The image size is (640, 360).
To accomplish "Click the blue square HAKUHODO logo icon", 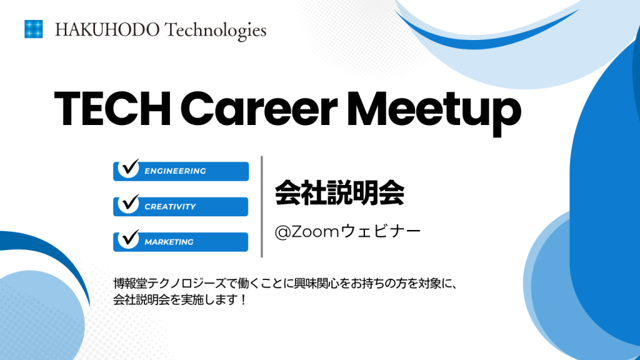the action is pyautogui.click(x=34, y=29).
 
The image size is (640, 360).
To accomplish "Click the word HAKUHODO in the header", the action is pyautogui.click(x=107, y=30).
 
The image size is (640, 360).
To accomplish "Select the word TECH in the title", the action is pyautogui.click(x=112, y=109).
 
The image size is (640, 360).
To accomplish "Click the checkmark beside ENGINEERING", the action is pyautogui.click(x=130, y=168).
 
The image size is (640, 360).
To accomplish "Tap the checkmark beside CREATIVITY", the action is pyautogui.click(x=130, y=204).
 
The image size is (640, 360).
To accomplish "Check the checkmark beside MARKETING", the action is pyautogui.click(x=130, y=239).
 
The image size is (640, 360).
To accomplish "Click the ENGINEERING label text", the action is pyautogui.click(x=175, y=171).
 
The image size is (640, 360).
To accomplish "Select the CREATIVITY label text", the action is pyautogui.click(x=170, y=206).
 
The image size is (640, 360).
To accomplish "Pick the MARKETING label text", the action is pyautogui.click(x=169, y=242).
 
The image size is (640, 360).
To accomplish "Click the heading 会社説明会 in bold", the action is pyautogui.click(x=339, y=193).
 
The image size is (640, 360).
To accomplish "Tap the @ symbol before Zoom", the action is pyautogui.click(x=282, y=232).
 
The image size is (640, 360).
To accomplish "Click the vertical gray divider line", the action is pyautogui.click(x=262, y=206).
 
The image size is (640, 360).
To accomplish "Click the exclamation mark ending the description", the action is pyautogui.click(x=243, y=300).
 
